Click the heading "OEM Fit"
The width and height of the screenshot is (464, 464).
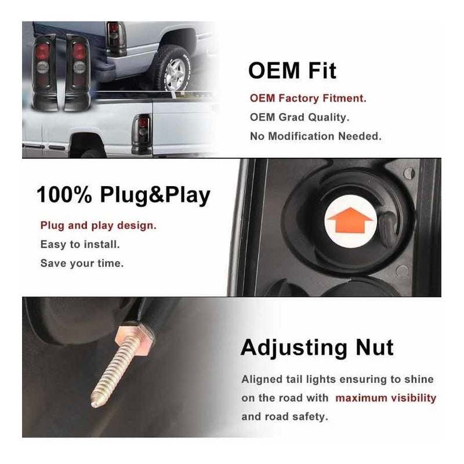click(x=292, y=70)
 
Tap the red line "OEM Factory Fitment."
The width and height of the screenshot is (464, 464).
click(x=308, y=98)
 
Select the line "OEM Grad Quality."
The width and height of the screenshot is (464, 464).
click(x=299, y=117)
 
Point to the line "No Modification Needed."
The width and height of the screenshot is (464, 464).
click(x=316, y=136)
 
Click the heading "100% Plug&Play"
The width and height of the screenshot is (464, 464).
click(x=124, y=195)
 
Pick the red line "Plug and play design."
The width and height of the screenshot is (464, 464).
click(x=98, y=226)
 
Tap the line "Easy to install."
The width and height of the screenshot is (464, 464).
click(x=80, y=244)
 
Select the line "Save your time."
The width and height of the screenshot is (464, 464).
click(x=82, y=263)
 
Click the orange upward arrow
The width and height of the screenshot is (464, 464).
click(x=350, y=220)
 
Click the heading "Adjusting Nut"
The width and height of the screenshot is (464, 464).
click(x=317, y=347)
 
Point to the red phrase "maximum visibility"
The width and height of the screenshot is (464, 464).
click(x=386, y=398)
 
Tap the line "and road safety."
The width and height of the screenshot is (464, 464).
click(x=285, y=416)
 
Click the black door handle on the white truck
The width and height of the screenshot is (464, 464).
click(x=57, y=147)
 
